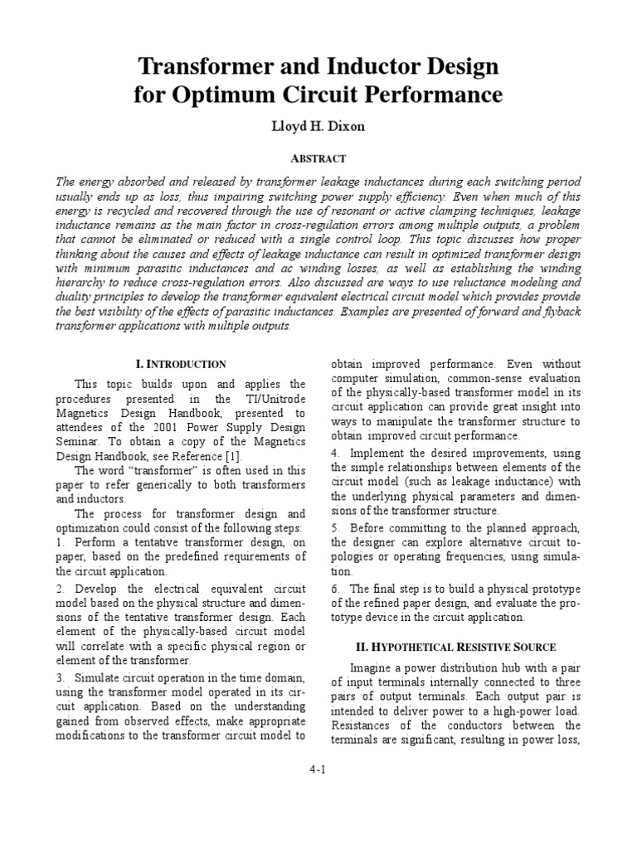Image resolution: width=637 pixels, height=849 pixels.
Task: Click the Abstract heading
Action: pyautogui.click(x=318, y=158)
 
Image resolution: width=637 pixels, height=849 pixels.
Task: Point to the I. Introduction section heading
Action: pyautogui.click(x=180, y=363)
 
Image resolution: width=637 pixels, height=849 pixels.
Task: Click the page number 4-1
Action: pyautogui.click(x=318, y=769)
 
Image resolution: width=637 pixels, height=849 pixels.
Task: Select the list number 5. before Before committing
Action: pyautogui.click(x=335, y=527)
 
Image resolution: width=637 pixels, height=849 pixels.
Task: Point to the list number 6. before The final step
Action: pyautogui.click(x=335, y=589)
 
